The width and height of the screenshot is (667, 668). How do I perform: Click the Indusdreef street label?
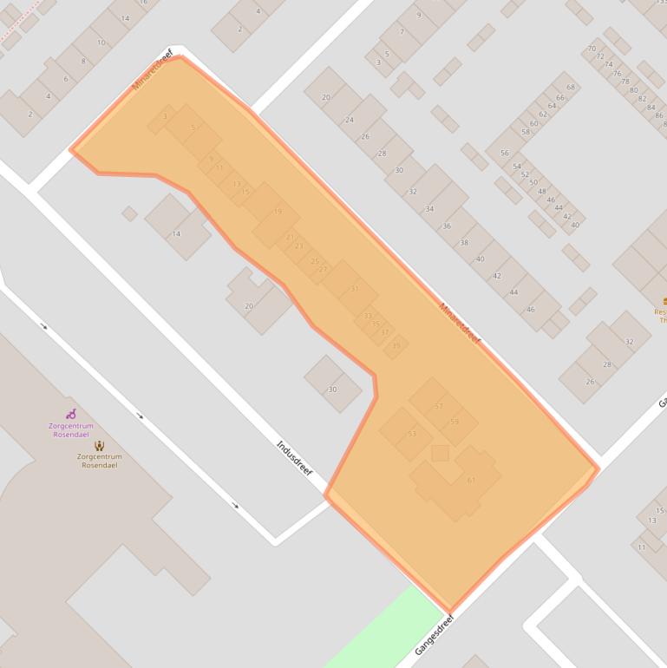[x=294, y=459]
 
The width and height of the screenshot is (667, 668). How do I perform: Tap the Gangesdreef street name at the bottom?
[x=435, y=636]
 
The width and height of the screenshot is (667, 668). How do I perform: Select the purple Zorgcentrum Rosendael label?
[x=70, y=430]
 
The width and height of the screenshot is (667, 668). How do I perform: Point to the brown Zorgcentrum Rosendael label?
[x=99, y=461]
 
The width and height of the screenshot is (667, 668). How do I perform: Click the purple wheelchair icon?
[x=71, y=415]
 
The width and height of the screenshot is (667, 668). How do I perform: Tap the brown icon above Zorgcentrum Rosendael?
[x=99, y=446]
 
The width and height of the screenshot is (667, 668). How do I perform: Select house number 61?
[x=471, y=480]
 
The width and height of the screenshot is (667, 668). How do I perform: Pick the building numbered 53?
[x=412, y=433]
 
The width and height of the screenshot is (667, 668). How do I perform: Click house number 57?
[x=438, y=406]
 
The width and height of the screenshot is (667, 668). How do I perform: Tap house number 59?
[x=454, y=422]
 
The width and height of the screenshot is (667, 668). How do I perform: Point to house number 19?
[x=278, y=211]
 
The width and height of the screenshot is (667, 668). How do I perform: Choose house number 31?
[x=354, y=288]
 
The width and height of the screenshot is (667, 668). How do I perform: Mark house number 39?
[x=396, y=345]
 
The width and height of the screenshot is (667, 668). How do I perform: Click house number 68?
[x=570, y=88]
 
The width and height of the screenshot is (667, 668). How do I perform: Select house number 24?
[x=350, y=120]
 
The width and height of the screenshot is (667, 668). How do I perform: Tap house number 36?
[x=447, y=226]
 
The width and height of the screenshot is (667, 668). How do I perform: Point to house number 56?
[x=504, y=153]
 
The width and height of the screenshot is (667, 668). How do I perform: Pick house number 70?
[x=592, y=49]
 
